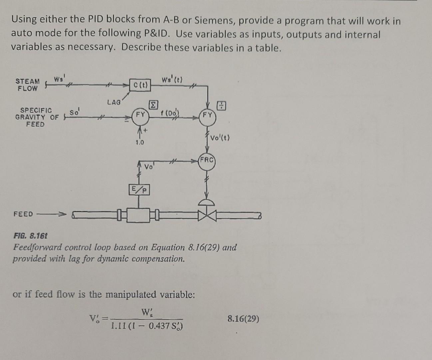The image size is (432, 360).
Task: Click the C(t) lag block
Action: tap(140, 85)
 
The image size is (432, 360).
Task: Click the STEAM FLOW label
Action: tap(28, 85)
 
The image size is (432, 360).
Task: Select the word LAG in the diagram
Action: tap(114, 102)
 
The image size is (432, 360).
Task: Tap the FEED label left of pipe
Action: tap(23, 214)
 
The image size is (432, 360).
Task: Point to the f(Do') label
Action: tap(170, 113)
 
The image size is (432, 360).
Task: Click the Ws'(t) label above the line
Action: tap(172, 80)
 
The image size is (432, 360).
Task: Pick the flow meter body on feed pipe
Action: tap(139, 215)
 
